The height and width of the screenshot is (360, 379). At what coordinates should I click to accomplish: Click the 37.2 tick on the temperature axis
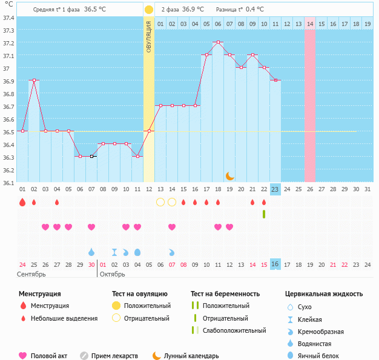click(9, 43)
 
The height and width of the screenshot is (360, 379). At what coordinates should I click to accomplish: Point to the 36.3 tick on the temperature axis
click(9, 157)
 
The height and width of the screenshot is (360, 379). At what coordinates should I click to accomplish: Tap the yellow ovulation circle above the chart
click(149, 10)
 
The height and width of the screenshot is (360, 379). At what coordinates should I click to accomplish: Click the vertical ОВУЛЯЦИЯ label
click(149, 36)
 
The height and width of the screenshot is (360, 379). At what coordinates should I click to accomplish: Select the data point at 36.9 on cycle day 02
click(34, 80)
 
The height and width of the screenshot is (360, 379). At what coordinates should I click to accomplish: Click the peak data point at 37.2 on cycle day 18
click(218, 42)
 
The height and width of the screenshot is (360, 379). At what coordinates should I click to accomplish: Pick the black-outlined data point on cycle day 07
click(91, 157)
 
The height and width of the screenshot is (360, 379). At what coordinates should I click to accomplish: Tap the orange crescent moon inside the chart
click(229, 175)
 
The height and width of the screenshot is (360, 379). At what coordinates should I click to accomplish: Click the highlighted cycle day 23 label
click(275, 189)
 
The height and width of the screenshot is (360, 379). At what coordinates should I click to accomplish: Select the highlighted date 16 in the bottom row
click(275, 264)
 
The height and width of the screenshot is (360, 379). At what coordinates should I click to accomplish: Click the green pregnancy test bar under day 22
click(264, 214)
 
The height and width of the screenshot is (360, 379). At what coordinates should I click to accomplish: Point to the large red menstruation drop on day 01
click(22, 202)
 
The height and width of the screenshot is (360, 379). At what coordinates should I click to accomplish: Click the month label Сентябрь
click(31, 274)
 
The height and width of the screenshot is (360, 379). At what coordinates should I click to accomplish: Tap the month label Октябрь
click(112, 274)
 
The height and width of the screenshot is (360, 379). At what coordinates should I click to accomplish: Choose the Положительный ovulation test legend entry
click(147, 306)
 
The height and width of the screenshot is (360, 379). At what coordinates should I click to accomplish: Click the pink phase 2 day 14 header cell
click(310, 24)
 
